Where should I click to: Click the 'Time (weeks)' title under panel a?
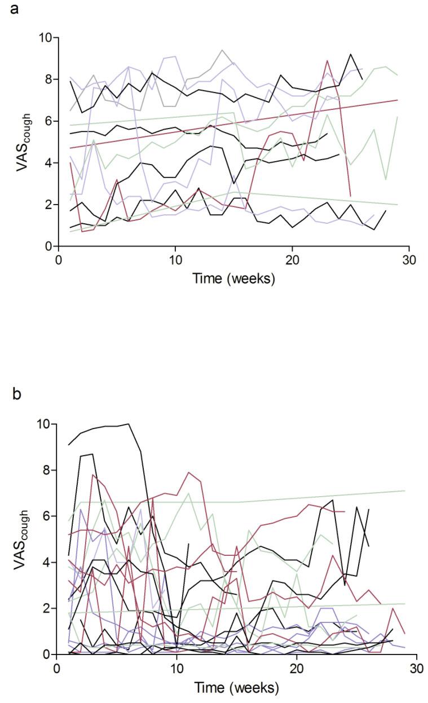pyautogui.click(x=233, y=279)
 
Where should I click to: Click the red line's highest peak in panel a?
pyautogui.click(x=327, y=60)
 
